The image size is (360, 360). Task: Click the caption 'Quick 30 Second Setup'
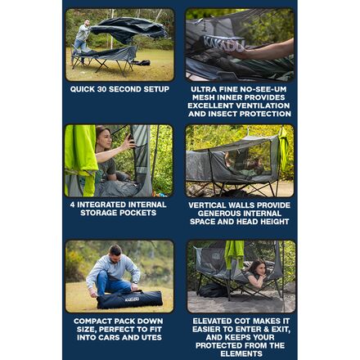(x=119, y=88)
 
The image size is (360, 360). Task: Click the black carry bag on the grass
(x=130, y=299)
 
